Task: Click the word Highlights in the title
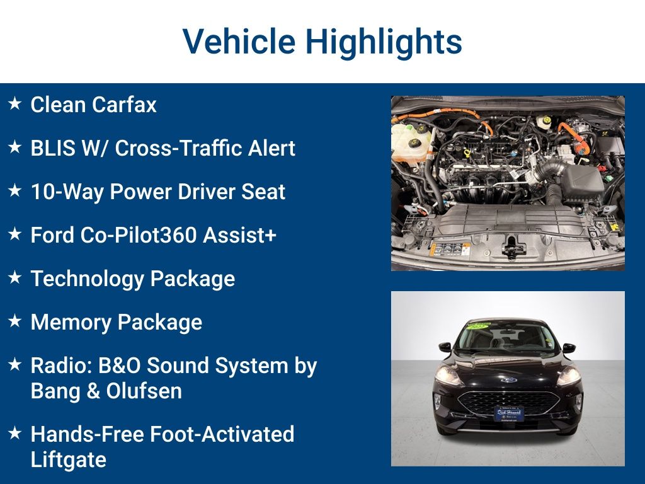coord(384,42)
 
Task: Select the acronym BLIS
coord(53,148)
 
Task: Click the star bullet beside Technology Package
coord(15,277)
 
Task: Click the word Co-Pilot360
coord(138,235)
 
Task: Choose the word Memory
coord(71,322)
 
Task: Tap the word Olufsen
coord(144,391)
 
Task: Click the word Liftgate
coord(68,460)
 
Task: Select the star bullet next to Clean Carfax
coord(15,103)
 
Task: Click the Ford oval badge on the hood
coord(509,379)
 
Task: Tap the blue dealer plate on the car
coord(509,413)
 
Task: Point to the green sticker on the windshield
coord(479,326)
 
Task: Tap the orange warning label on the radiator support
coord(449,249)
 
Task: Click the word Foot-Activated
coord(222,435)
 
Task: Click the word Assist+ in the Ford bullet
coord(239,235)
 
